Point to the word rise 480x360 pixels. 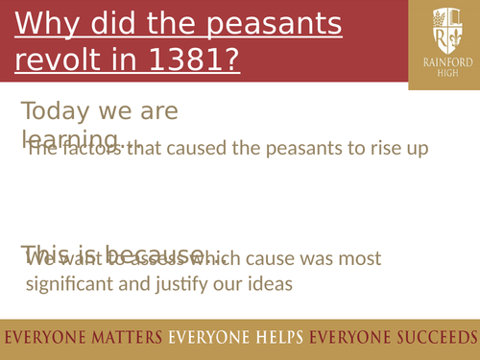(x=373, y=149)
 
